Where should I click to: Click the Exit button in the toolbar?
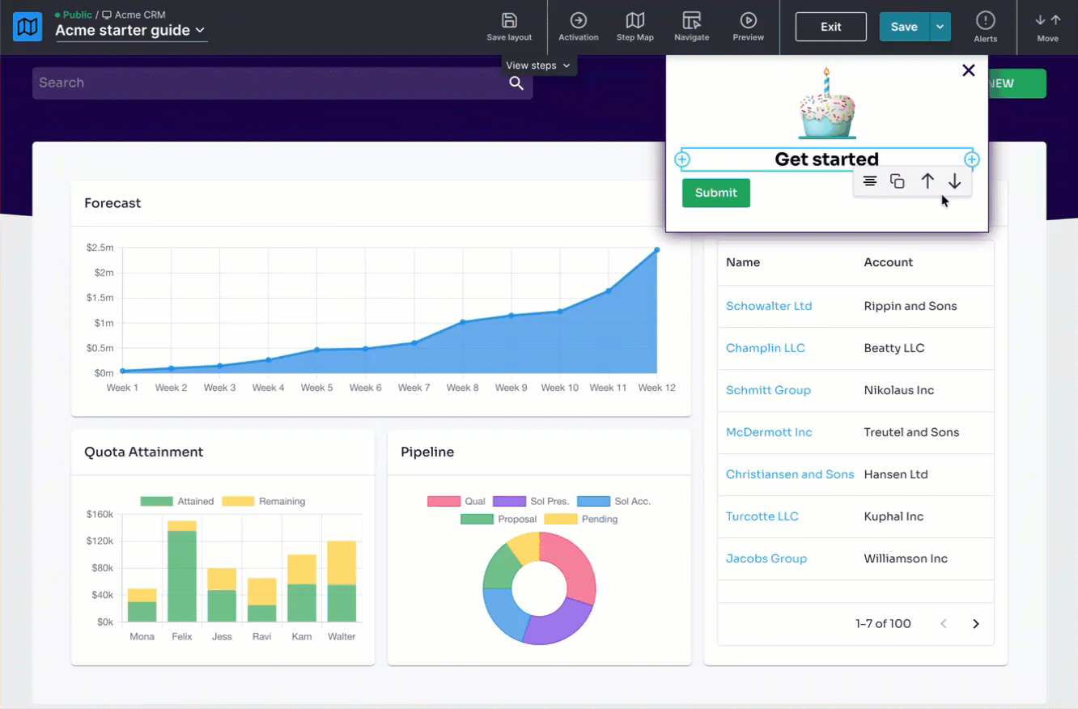(x=830, y=27)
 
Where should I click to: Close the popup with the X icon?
(x=968, y=70)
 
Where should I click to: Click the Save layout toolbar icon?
(x=509, y=21)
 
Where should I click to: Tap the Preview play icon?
(x=748, y=20)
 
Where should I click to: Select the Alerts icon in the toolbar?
(x=985, y=21)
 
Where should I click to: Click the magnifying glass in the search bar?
(x=516, y=83)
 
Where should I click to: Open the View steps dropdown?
(x=538, y=66)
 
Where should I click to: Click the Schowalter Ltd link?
(x=769, y=306)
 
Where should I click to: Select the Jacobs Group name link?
(x=766, y=558)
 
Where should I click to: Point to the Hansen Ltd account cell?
(x=896, y=474)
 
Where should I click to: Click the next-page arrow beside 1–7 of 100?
(x=975, y=624)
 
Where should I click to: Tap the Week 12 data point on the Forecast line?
(x=656, y=250)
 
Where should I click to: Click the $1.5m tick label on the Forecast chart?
(x=100, y=298)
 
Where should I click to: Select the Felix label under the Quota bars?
(x=182, y=636)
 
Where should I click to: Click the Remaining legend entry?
(x=263, y=501)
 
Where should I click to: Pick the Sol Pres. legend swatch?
(x=509, y=501)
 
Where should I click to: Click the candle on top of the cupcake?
(x=826, y=81)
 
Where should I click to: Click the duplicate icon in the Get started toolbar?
(x=897, y=181)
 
